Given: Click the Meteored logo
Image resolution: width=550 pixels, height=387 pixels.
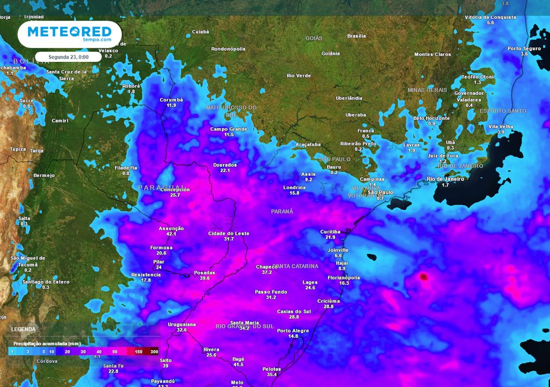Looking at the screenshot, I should click(69, 33).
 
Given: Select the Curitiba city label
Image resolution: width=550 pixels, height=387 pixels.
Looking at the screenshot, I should click(330, 231).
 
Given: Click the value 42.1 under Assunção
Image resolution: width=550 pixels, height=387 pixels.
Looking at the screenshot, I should click(171, 234).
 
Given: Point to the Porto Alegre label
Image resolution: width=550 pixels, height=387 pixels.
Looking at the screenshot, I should click(293, 330).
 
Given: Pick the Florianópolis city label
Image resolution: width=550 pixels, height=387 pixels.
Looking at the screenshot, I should click(344, 277).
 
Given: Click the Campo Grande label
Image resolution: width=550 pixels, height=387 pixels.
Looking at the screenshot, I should click(229, 129).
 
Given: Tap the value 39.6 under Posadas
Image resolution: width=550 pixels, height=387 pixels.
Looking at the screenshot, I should click(204, 278).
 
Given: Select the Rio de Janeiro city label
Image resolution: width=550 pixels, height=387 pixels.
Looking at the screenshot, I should click(445, 179).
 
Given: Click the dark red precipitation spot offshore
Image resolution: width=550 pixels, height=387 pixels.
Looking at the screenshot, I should click(423, 277).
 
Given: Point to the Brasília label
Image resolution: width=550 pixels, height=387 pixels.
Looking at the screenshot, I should click(357, 36).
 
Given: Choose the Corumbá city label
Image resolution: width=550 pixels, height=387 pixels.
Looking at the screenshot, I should click(171, 100).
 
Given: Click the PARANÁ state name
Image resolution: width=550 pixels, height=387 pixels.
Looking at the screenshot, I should click(282, 211).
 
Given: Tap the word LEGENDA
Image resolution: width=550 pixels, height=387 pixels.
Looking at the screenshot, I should click(24, 329).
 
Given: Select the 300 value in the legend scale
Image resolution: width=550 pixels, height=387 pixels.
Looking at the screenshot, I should click(154, 352).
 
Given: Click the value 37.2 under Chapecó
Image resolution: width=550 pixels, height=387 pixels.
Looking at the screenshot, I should click(267, 273).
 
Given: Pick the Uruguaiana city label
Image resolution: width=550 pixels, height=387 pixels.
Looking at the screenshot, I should click(182, 324).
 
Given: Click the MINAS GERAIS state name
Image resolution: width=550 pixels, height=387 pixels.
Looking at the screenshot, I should click(428, 90).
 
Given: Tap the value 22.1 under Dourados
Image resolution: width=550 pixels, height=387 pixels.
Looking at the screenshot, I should click(225, 170).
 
